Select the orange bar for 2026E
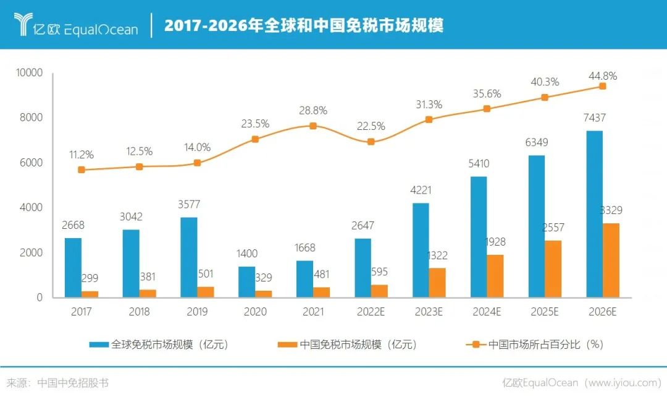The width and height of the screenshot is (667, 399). tap(611, 260)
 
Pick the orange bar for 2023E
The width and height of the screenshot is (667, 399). tap(437, 283)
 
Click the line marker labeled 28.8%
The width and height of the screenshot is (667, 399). tap(313, 126)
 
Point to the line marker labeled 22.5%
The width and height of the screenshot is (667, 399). tap(371, 142)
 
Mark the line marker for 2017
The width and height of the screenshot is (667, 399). tap(82, 169)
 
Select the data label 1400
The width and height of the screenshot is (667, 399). tap(246, 254)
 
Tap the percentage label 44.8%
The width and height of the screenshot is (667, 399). tap(602, 76)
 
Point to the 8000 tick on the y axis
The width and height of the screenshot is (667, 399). tap(30, 118)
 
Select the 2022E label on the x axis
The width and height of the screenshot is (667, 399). tap(371, 312)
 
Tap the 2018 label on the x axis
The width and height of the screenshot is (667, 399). tap(140, 312)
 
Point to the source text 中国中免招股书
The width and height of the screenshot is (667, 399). tap(73, 383)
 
